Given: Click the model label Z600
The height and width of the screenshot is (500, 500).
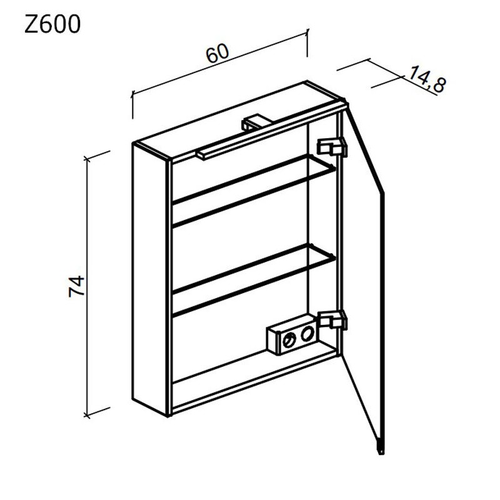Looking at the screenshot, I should point(52,25).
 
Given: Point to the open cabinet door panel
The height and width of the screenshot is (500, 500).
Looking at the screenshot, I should point(366,275).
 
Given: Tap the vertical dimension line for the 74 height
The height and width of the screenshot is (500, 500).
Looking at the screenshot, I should point(88,287).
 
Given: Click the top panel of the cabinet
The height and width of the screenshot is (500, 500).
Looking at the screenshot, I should point(237,116).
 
